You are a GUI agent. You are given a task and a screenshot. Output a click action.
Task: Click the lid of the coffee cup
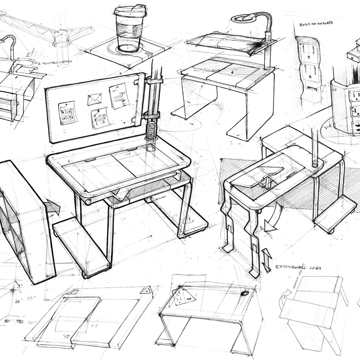(130, 10)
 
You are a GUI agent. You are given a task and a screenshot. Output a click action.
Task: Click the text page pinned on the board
(118, 95)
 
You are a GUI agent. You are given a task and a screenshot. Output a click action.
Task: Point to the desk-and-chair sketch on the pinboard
(100, 118)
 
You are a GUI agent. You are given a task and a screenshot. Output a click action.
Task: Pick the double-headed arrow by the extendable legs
(266, 260)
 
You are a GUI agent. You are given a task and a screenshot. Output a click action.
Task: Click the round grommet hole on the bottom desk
(245, 293)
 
